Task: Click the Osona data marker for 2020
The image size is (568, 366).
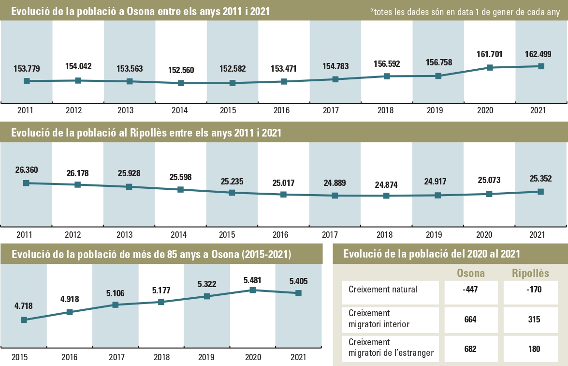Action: [490, 68]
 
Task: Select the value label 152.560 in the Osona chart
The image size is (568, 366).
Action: [181, 70]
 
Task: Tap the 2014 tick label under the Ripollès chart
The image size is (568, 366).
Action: [179, 235]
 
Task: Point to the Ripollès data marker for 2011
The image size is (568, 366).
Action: [26, 183]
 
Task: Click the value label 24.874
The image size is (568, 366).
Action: [385, 184]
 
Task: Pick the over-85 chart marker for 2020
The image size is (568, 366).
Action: [252, 290]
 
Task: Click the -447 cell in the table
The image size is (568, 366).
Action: [470, 290]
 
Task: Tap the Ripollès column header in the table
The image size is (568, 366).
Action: [530, 274]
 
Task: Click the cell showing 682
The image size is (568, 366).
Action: [470, 349]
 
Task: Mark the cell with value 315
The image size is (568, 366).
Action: [534, 320]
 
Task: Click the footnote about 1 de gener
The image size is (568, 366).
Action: [465, 13]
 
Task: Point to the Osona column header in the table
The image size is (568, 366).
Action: [471, 274]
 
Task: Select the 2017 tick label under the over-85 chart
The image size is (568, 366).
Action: [115, 358]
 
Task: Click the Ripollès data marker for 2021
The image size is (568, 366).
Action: [541, 192]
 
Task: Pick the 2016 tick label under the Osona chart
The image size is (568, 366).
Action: [281, 111]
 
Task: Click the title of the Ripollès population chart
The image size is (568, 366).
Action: [146, 133]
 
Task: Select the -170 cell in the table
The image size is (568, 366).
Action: [534, 290]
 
